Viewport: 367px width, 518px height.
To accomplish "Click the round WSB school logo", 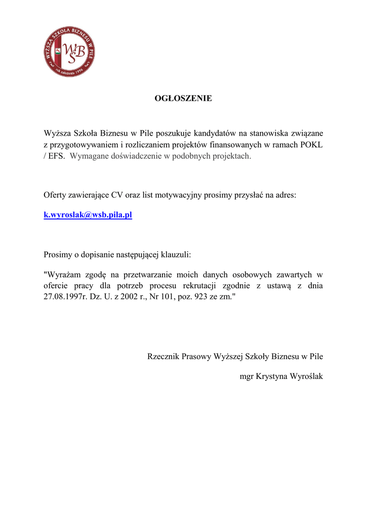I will coord(69,52).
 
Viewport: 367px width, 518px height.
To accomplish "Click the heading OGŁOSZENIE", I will coord(183,99).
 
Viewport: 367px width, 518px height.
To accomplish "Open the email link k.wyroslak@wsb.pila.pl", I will coord(88,215).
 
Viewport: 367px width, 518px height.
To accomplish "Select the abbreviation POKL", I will coord(312,145).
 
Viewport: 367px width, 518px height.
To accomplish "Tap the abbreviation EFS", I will coord(57,156).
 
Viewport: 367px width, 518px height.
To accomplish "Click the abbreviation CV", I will coord(117,195).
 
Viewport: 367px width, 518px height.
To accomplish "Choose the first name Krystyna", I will coord(271,377).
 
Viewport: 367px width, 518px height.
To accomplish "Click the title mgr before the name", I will coord(247,377).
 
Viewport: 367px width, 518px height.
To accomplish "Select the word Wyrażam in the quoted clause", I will coord(63,275).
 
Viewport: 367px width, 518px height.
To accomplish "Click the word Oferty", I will coord(55,195).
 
